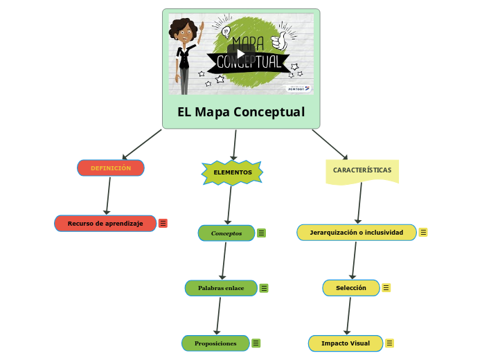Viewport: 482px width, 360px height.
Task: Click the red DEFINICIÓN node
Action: pyautogui.click(x=111, y=168)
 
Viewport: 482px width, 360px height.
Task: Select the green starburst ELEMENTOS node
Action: pyautogui.click(x=232, y=172)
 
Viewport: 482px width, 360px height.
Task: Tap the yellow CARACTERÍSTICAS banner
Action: pyautogui.click(x=361, y=170)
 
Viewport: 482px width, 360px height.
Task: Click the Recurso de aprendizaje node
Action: pyautogui.click(x=105, y=224)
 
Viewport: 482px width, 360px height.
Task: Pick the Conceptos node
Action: pyautogui.click(x=226, y=233)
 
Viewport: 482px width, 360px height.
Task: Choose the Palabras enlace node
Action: pyautogui.click(x=221, y=288)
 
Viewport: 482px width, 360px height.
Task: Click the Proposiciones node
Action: pyautogui.click(x=215, y=343)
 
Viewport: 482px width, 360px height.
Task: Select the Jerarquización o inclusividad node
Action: pyautogui.click(x=356, y=233)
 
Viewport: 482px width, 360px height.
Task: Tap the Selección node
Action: pyautogui.click(x=351, y=288)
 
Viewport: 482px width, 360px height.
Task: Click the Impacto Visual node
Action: pyautogui.click(x=345, y=343)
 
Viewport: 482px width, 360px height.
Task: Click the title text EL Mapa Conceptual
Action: pyautogui.click(x=241, y=112)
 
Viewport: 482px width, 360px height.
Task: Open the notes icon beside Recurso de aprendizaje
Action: pyautogui.click(x=163, y=224)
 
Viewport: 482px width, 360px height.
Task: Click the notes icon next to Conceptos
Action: pyautogui.click(x=262, y=233)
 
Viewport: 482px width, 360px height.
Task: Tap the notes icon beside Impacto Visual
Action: pyautogui.click(x=390, y=343)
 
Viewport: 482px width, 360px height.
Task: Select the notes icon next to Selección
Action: pyautogui.click(x=386, y=288)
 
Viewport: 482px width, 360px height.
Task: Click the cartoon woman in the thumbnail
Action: pyautogui.click(x=186, y=55)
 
